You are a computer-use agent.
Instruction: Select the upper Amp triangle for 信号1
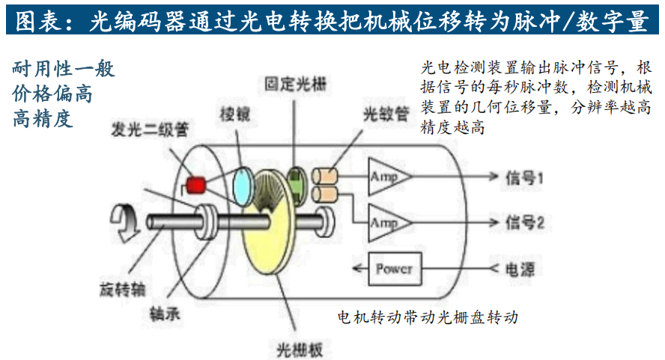pyautogui.click(x=387, y=177)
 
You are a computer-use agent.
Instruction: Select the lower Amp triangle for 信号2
pyautogui.click(x=387, y=222)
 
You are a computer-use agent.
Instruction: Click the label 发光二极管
pyautogui.click(x=150, y=129)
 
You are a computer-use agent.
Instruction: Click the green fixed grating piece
pyautogui.click(x=297, y=181)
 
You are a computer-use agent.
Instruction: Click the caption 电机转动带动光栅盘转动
pyautogui.click(x=428, y=317)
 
